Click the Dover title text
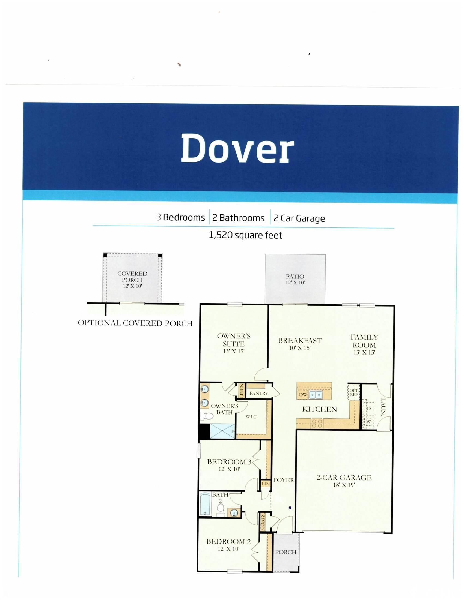pos(237,148)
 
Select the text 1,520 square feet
pos(245,235)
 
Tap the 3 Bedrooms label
pos(181,218)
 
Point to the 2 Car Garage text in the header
pos(299,218)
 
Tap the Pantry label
pos(259,393)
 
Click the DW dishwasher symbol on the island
pos(303,395)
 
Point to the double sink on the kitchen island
pos(315,395)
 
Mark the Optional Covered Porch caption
pos(135,323)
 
